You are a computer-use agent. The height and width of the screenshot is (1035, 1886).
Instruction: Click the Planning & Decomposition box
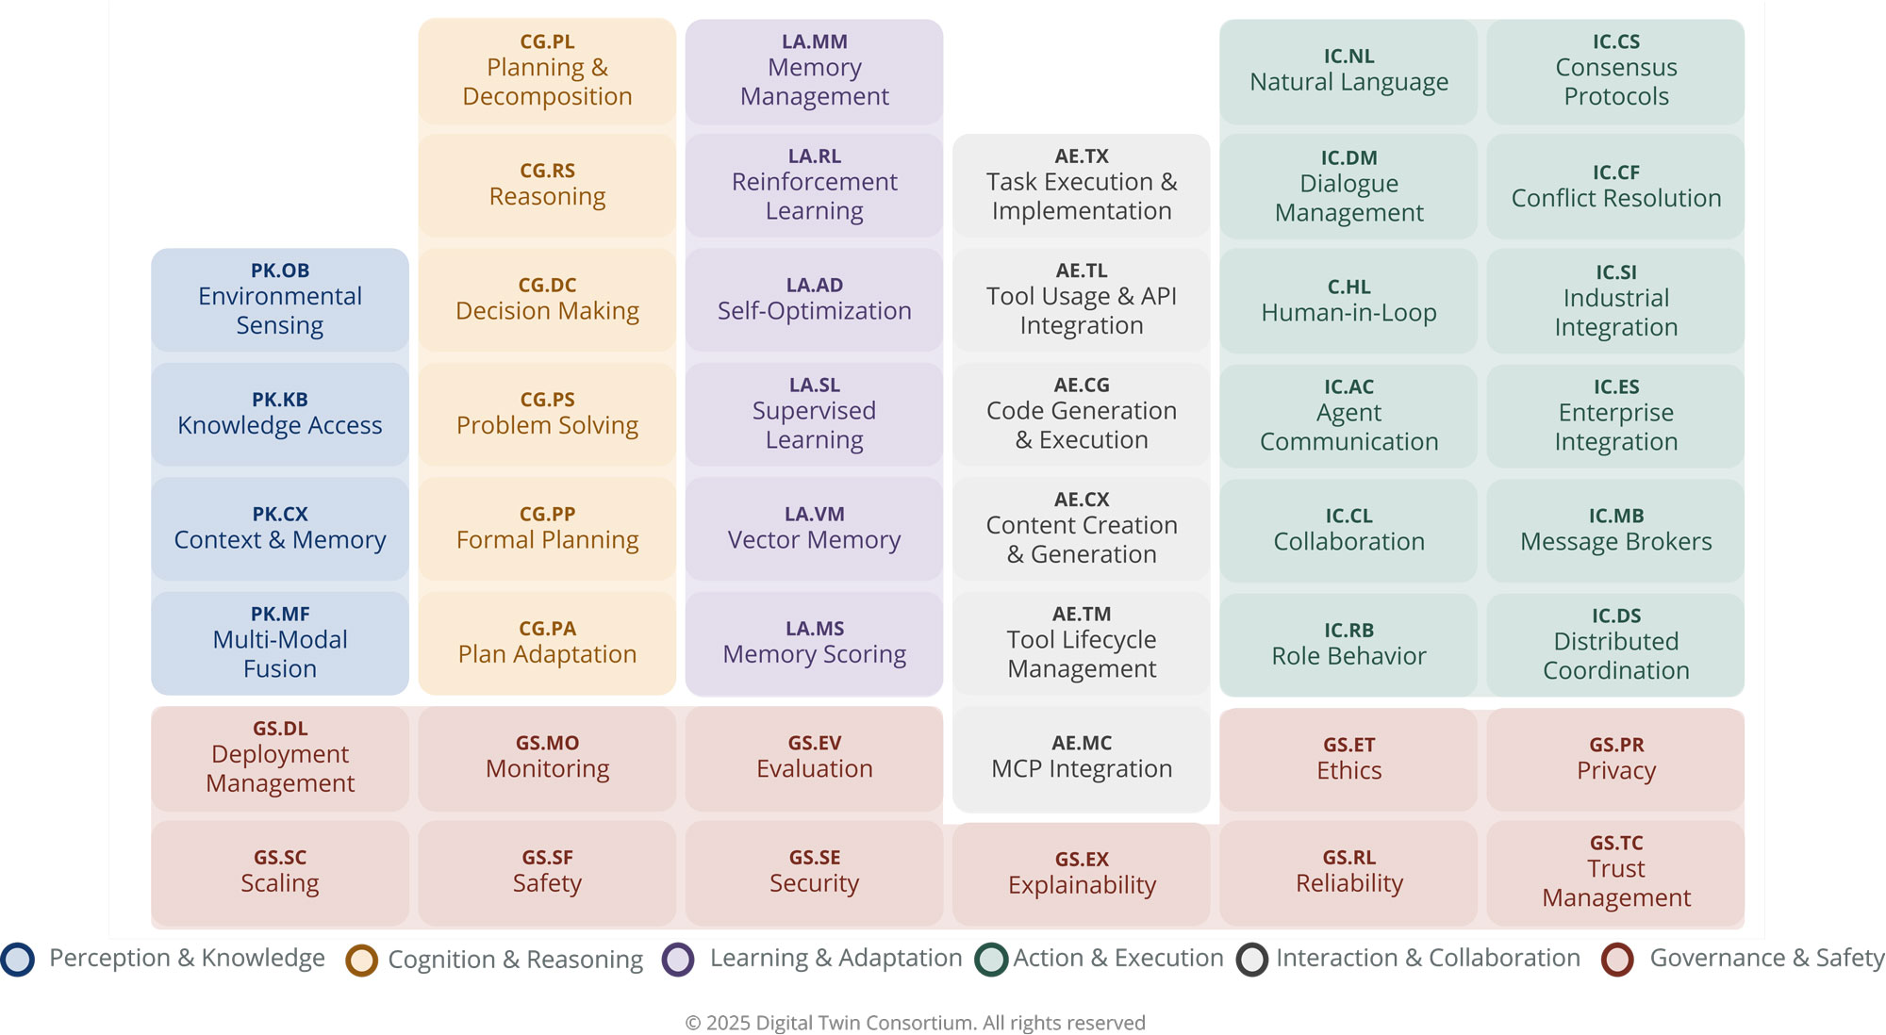tap(547, 72)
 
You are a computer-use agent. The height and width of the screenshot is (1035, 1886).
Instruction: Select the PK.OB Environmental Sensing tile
tap(280, 300)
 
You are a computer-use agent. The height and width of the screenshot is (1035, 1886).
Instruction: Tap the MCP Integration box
tap(1082, 758)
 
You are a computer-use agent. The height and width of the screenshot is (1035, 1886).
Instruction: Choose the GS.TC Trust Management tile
tap(1615, 872)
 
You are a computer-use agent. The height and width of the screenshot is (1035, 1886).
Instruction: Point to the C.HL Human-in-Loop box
tap(1348, 301)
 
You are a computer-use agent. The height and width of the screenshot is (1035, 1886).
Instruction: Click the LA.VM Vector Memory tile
tap(814, 529)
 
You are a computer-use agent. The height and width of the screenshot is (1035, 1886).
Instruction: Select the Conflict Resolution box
tap(1615, 187)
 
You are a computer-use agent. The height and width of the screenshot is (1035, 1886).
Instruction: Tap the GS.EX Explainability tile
tap(1082, 874)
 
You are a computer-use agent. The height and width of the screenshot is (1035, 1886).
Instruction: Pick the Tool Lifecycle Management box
tap(1082, 643)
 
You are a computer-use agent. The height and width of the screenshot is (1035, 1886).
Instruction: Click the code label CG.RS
tap(547, 171)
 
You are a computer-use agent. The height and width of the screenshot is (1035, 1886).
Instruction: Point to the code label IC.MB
tap(1615, 516)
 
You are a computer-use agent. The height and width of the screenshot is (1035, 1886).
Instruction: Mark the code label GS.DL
tap(280, 728)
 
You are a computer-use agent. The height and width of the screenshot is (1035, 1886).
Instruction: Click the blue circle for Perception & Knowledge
tap(18, 959)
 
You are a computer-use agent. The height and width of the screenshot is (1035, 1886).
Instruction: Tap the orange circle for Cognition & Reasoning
tap(361, 960)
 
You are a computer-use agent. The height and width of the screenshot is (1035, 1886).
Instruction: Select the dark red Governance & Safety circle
tap(1617, 960)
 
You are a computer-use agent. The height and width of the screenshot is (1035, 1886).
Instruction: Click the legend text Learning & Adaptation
tap(835, 958)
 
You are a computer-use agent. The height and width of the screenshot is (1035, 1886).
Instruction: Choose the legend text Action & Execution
tap(1117, 958)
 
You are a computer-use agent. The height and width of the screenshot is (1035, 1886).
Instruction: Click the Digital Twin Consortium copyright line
tap(915, 1023)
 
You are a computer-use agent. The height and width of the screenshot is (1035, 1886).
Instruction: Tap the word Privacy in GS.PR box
tap(1615, 770)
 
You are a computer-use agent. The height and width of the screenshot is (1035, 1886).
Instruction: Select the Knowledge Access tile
tap(280, 415)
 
